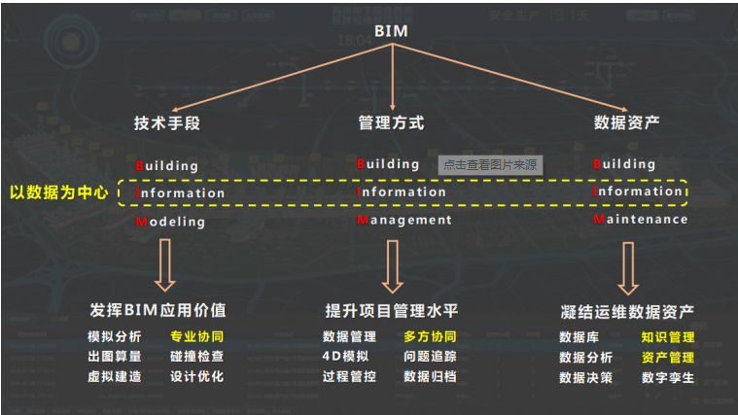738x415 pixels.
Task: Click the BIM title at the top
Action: (391, 30)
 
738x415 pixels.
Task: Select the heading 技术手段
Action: (166, 123)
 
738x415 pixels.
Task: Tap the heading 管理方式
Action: (391, 123)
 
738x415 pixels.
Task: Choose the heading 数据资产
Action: (627, 123)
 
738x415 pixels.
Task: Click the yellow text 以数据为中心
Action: (58, 192)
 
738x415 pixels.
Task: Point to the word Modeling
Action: (170, 222)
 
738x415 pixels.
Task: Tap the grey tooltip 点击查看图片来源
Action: (490, 165)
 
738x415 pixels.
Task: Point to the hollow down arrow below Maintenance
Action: (628, 265)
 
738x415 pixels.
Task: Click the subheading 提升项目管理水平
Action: (391, 311)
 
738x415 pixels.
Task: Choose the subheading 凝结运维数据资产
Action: (627, 312)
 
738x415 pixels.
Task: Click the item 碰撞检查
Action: (196, 357)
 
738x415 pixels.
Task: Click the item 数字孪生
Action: (668, 377)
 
